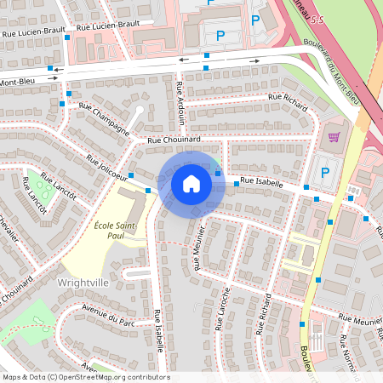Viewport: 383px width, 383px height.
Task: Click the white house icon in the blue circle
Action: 191,183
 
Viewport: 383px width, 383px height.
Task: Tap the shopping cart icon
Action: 334,136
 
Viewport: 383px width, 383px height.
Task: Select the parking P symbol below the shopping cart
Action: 323,172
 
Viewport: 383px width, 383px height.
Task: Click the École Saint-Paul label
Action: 117,230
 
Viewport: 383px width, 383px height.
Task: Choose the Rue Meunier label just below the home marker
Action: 200,247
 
